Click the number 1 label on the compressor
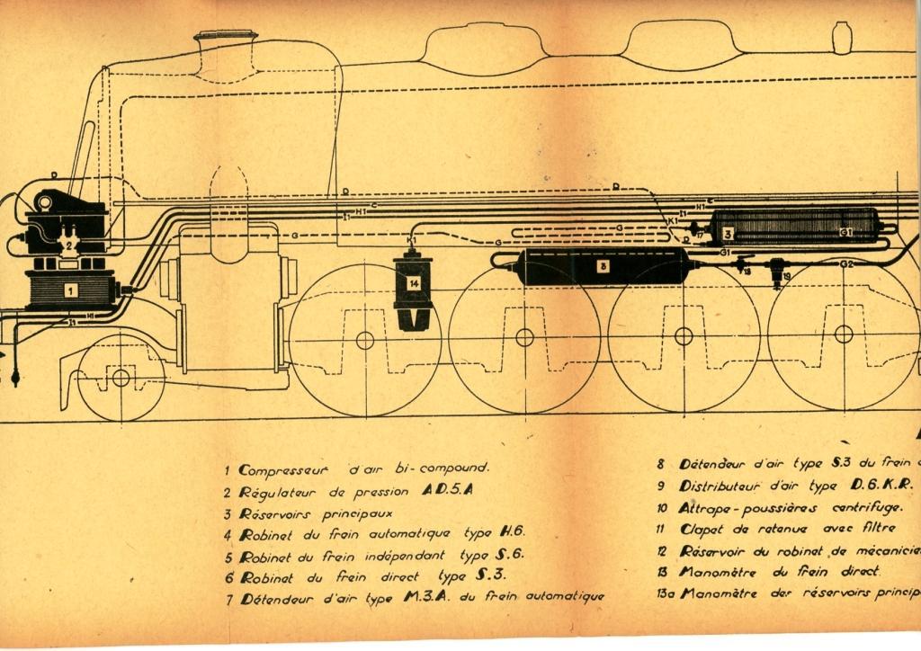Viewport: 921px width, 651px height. point(68,290)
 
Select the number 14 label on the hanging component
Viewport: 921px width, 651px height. point(413,282)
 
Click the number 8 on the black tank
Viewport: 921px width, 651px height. point(604,266)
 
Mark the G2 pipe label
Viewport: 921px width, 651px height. point(845,263)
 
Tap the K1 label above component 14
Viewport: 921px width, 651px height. point(411,241)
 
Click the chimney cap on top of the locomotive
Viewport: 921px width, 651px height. point(225,36)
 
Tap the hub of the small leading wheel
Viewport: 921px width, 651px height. point(121,377)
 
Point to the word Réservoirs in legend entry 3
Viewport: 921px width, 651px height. point(277,515)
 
